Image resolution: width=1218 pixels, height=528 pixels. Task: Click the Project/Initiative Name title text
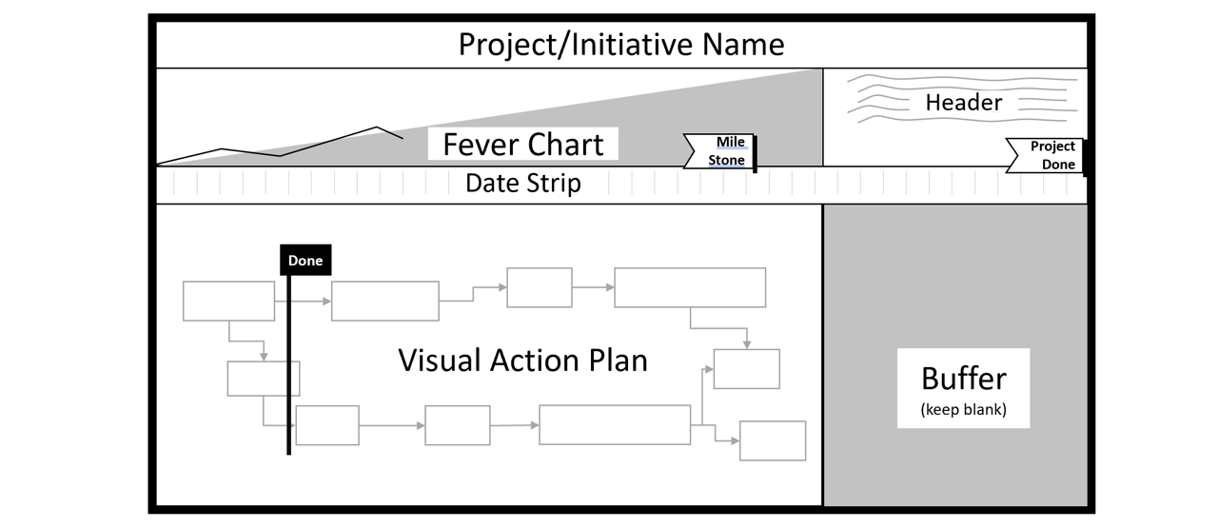(x=621, y=45)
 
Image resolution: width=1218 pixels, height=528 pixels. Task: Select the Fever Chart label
(x=522, y=145)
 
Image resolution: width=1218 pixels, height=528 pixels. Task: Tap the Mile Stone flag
(x=718, y=151)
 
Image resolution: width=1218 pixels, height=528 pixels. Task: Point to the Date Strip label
(x=522, y=184)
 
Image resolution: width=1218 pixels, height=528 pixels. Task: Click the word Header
(x=963, y=103)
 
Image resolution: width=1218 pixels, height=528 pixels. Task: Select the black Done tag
(x=305, y=261)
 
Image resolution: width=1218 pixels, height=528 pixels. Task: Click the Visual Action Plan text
(x=522, y=361)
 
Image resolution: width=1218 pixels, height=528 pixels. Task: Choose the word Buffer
(x=963, y=379)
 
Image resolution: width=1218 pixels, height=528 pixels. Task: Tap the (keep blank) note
(x=963, y=411)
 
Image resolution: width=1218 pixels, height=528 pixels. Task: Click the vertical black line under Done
(x=288, y=381)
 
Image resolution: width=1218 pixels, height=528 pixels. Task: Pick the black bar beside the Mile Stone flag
(x=755, y=154)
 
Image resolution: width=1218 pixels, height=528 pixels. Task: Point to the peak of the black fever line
(x=378, y=127)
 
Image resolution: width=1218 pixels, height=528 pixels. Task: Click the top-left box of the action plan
(x=228, y=301)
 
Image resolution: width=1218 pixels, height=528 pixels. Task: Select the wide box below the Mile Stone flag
(x=690, y=287)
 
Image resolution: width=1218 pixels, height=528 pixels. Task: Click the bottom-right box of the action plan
(x=773, y=440)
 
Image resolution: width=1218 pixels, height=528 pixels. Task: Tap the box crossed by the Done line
(x=263, y=379)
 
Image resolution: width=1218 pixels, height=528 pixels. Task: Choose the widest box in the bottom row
(x=615, y=424)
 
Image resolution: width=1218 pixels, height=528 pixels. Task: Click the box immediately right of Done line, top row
(x=384, y=301)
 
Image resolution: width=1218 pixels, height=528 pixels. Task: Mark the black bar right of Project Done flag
(x=1085, y=158)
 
